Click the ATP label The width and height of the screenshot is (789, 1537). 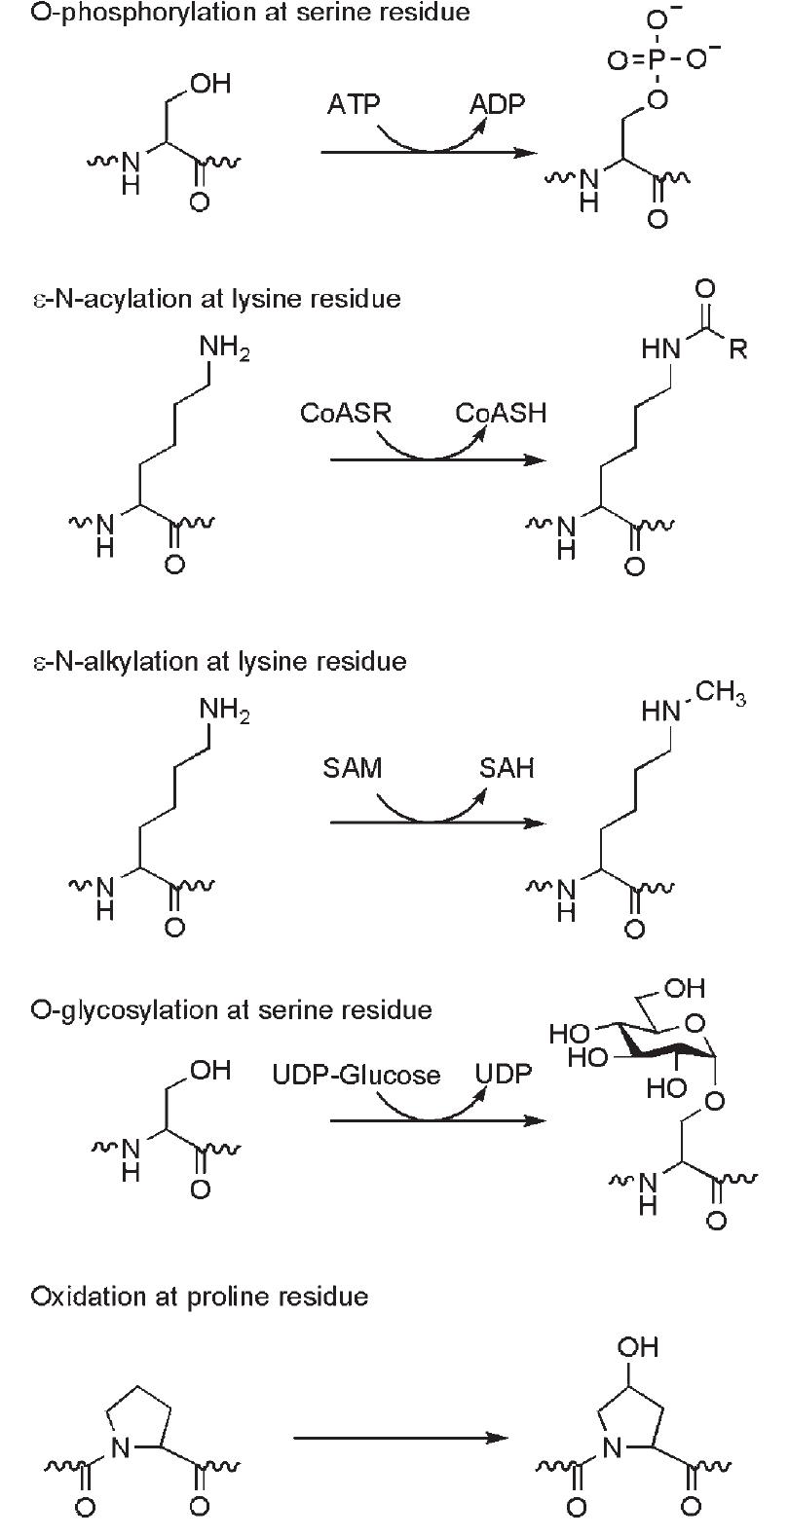pos(354,104)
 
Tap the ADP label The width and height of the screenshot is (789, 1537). pos(497,104)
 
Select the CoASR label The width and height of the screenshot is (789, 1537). pos(346,413)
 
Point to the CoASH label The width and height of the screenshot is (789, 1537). pos(501,413)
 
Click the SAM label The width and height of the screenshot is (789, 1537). pos(353,769)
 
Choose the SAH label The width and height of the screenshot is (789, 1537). pos(507,769)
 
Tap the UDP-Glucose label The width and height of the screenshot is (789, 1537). pos(357,1075)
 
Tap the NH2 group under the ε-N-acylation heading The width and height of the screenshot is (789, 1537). pos(224,348)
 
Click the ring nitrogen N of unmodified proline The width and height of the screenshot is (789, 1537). pos(120,1448)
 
